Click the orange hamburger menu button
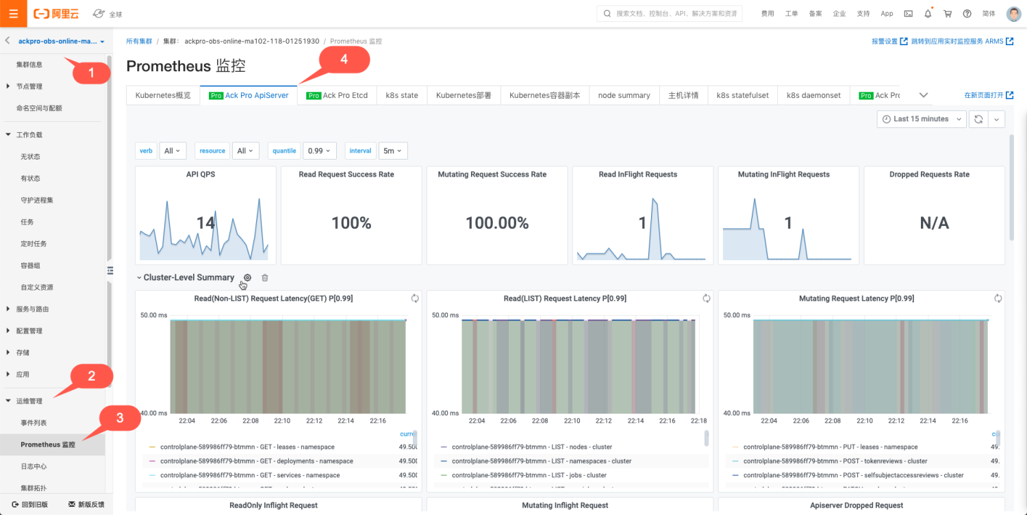coord(14,14)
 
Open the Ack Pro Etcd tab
coord(337,95)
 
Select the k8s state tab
coord(402,95)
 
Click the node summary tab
coord(624,95)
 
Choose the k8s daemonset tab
coord(813,95)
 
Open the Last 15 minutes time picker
coord(921,119)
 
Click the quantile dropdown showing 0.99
coord(320,151)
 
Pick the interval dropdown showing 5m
coord(393,151)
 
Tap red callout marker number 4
coord(344,60)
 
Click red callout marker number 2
coord(91,375)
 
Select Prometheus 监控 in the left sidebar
coord(48,444)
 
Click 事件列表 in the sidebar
coord(34,423)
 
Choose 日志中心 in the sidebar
coord(34,466)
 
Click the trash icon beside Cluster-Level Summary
coord(265,277)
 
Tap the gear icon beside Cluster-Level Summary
coord(248,277)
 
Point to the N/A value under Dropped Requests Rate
coord(934,223)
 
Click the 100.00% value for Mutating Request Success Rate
coord(497,223)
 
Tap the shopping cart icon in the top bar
coord(948,14)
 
